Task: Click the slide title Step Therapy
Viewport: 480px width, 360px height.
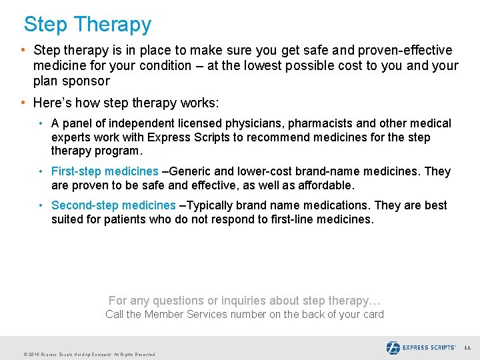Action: [x=87, y=25]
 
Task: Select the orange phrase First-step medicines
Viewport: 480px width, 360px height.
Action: [x=105, y=171]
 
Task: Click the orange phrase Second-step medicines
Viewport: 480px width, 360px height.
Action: [x=113, y=205]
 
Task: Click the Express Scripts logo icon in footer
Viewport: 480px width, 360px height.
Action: [x=393, y=347]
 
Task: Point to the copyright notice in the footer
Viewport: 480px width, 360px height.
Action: [x=89, y=354]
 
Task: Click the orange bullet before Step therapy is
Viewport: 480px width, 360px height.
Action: [x=23, y=51]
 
